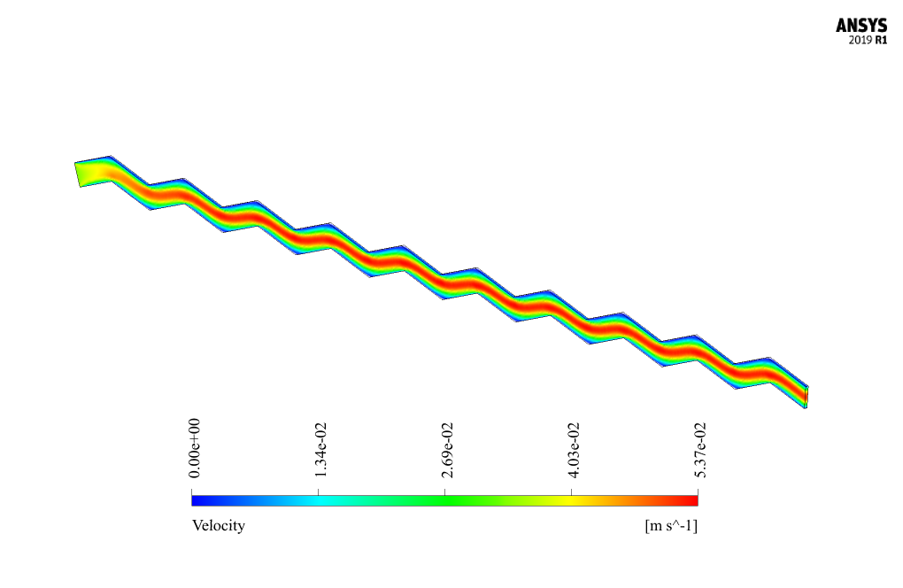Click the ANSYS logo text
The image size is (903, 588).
861,27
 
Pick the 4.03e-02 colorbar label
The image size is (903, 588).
574,449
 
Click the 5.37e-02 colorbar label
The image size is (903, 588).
700,449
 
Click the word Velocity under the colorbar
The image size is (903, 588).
219,526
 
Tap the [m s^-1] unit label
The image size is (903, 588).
672,526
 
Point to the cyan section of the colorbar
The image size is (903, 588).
318,500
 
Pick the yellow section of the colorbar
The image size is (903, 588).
574,500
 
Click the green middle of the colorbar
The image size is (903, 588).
444,500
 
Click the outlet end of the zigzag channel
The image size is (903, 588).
805,396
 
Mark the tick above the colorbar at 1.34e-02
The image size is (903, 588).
318,490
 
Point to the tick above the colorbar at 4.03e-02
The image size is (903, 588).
571,490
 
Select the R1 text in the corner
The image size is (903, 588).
881,41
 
